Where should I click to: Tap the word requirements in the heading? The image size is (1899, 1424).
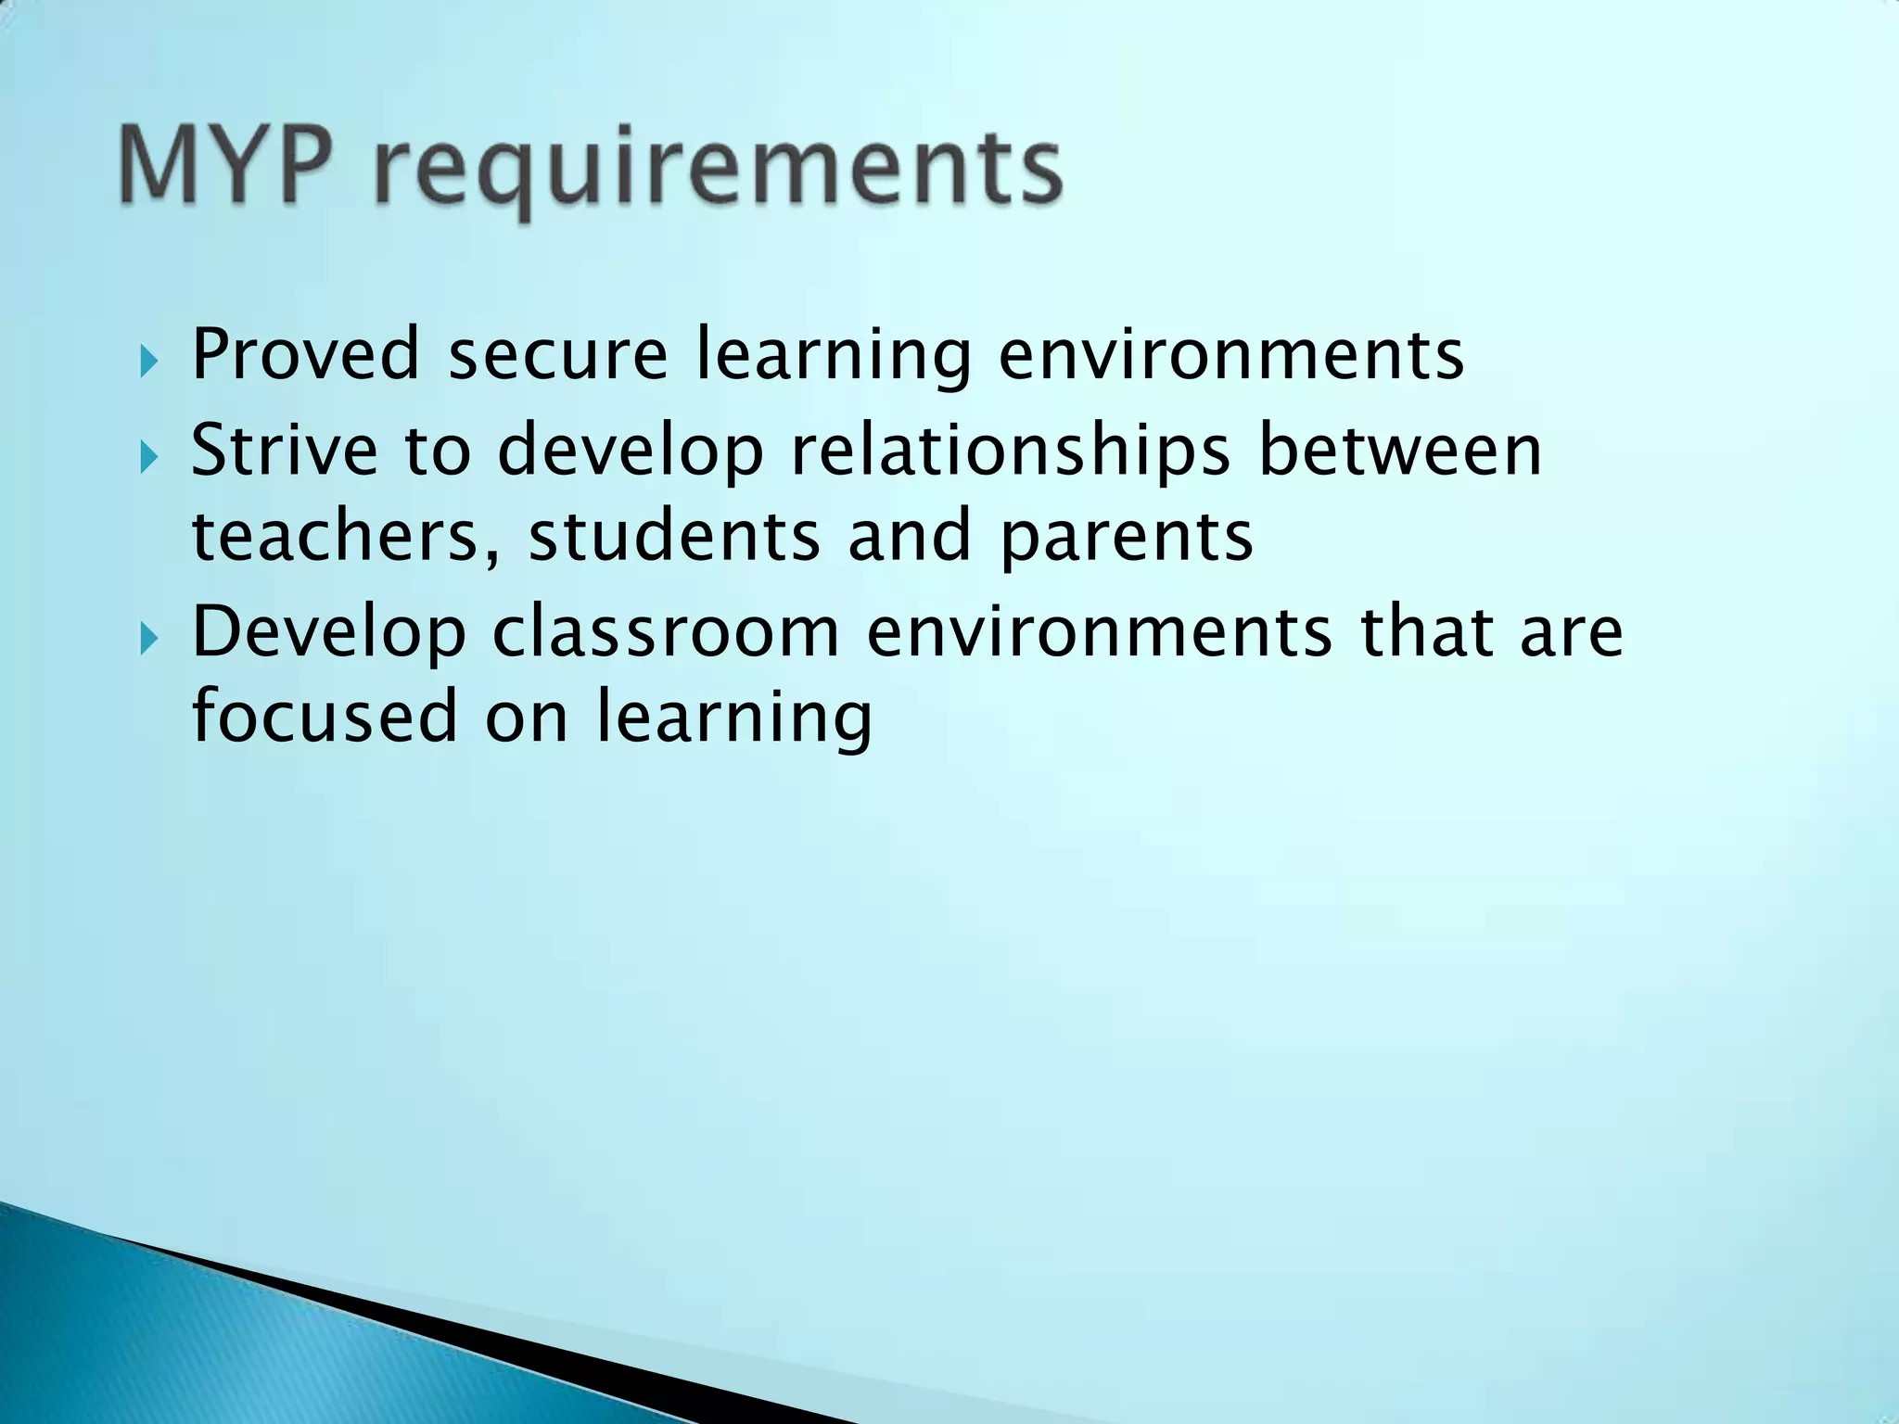tap(719, 172)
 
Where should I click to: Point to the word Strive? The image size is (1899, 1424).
tap(284, 450)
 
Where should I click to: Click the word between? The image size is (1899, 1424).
tap(1399, 450)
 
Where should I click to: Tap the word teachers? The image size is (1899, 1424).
tap(334, 536)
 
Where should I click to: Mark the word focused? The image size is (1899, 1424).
tap(325, 717)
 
